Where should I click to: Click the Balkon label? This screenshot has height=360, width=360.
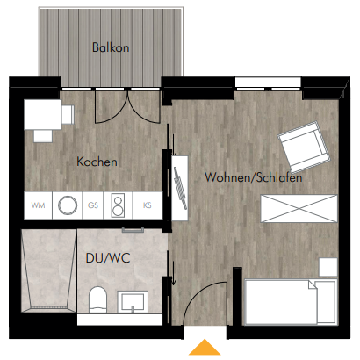(111, 47)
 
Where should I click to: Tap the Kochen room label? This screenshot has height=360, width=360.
(97, 162)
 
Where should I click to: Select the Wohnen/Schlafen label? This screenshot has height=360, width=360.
(254, 177)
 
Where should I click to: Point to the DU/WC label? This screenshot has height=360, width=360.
(108, 258)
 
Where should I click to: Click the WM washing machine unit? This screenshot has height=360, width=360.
(38, 205)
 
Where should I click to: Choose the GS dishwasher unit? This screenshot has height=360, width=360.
(93, 205)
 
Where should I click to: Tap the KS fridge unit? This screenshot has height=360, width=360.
(148, 205)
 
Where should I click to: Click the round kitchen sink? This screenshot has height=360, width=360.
(68, 205)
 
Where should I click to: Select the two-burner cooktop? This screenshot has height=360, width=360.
(118, 205)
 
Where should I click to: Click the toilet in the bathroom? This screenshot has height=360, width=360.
(97, 300)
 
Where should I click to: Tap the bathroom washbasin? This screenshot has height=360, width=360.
(133, 302)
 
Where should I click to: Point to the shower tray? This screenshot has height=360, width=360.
(48, 270)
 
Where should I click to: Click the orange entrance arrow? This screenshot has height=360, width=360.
(205, 347)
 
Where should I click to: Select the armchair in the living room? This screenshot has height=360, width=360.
(304, 147)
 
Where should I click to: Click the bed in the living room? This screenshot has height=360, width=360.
(291, 302)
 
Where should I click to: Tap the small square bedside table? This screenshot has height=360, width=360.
(328, 267)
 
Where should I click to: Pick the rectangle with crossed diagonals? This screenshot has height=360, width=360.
(299, 209)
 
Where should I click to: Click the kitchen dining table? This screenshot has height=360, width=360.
(43, 114)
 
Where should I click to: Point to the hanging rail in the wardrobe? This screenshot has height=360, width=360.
(180, 188)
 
